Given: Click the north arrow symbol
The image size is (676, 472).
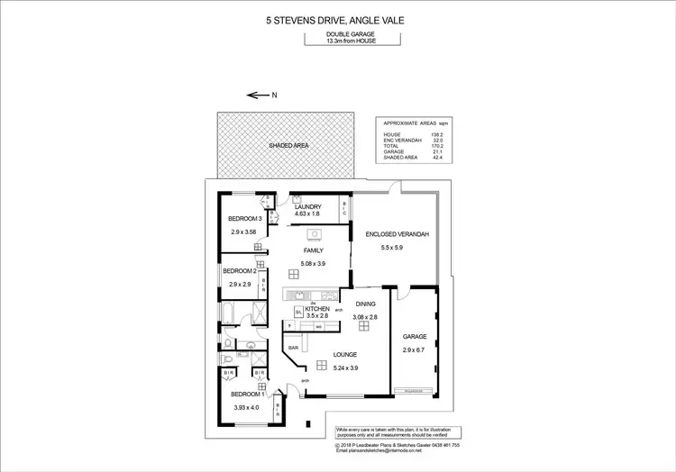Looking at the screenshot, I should point(259,95).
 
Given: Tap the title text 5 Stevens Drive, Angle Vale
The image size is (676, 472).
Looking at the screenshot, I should point(337,14).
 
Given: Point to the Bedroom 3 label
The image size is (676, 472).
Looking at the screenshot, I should point(244,219).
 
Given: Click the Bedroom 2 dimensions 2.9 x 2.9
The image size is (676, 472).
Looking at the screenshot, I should point(240,285).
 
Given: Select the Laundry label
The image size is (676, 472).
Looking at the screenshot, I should point(308,206).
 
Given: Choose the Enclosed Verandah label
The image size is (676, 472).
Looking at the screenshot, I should point(397,234).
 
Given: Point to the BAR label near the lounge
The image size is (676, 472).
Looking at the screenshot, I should point(293,346).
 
